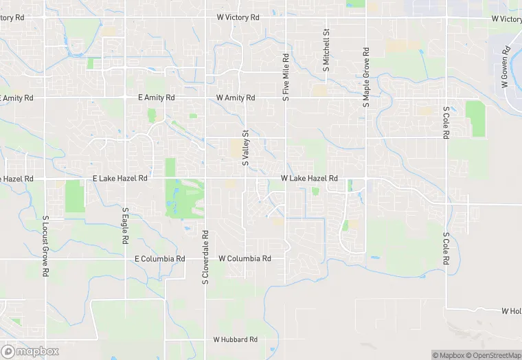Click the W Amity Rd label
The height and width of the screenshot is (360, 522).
pos(236,98)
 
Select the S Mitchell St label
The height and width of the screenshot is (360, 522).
pos(326,50)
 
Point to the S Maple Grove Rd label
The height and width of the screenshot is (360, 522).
pos(366,76)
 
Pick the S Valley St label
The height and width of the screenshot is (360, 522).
pos(245,148)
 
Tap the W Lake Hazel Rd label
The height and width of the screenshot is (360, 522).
pos(309,179)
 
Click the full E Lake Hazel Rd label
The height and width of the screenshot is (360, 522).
pos(120,179)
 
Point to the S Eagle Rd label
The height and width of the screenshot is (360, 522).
pos(125,227)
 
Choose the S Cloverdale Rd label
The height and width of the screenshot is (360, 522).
pos(205,257)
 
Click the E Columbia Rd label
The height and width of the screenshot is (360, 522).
pos(160,259)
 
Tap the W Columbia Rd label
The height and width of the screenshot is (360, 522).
pos(245,259)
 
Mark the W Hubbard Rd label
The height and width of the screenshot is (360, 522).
pos(235,339)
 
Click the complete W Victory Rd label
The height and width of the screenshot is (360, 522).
pos(238,17)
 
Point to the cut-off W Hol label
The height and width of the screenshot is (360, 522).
pos(511,311)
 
